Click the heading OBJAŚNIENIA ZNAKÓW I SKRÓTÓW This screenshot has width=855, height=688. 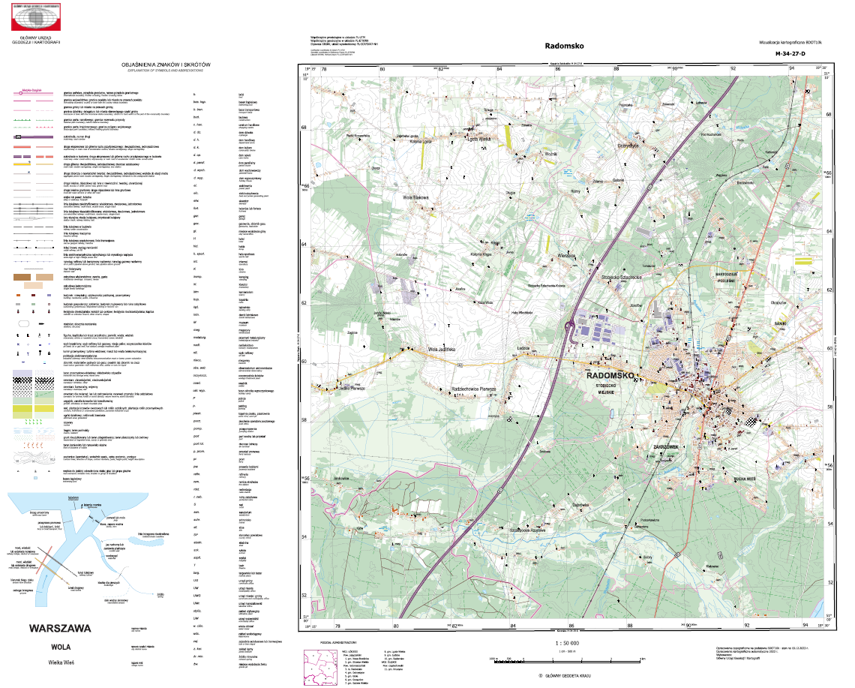coord(168,65)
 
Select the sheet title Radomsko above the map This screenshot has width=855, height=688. coord(566,46)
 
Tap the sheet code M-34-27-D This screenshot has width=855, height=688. coord(791,54)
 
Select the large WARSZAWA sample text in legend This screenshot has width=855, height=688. coord(59,627)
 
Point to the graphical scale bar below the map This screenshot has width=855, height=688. coord(568,658)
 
